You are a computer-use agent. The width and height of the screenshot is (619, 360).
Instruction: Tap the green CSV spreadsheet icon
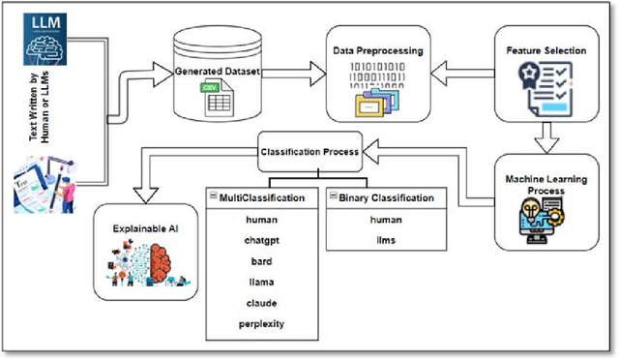(214, 96)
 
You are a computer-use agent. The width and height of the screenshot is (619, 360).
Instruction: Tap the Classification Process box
(309, 152)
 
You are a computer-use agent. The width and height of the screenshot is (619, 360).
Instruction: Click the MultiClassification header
(263, 197)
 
